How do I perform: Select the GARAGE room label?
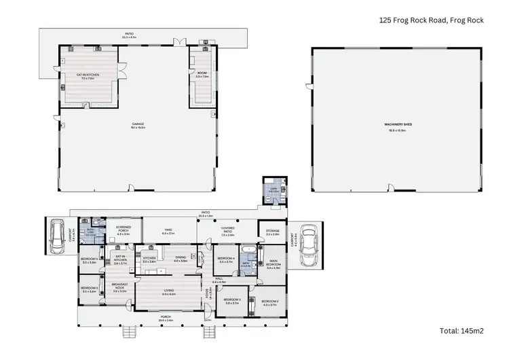point(138,124)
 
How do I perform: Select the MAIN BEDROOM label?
point(273,263)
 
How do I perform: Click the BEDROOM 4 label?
point(225,259)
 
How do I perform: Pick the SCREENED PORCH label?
point(123,229)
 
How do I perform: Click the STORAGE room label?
point(273,232)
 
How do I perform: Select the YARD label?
point(167,231)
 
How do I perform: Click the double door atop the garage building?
point(176,43)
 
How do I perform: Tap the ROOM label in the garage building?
point(201,74)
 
